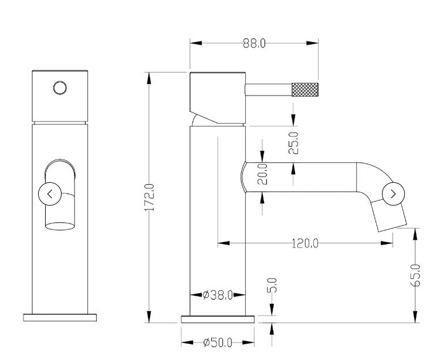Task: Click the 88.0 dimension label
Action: pos(254,43)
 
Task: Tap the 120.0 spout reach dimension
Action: pos(305,243)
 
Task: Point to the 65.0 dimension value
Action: pos(415,276)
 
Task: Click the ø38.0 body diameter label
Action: pos(218,295)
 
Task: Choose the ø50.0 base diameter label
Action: pos(218,343)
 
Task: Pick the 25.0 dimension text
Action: pos(294,143)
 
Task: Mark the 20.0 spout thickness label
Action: pos(262,174)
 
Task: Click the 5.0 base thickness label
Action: pos(272,286)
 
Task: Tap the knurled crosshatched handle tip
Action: pos(305,90)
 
